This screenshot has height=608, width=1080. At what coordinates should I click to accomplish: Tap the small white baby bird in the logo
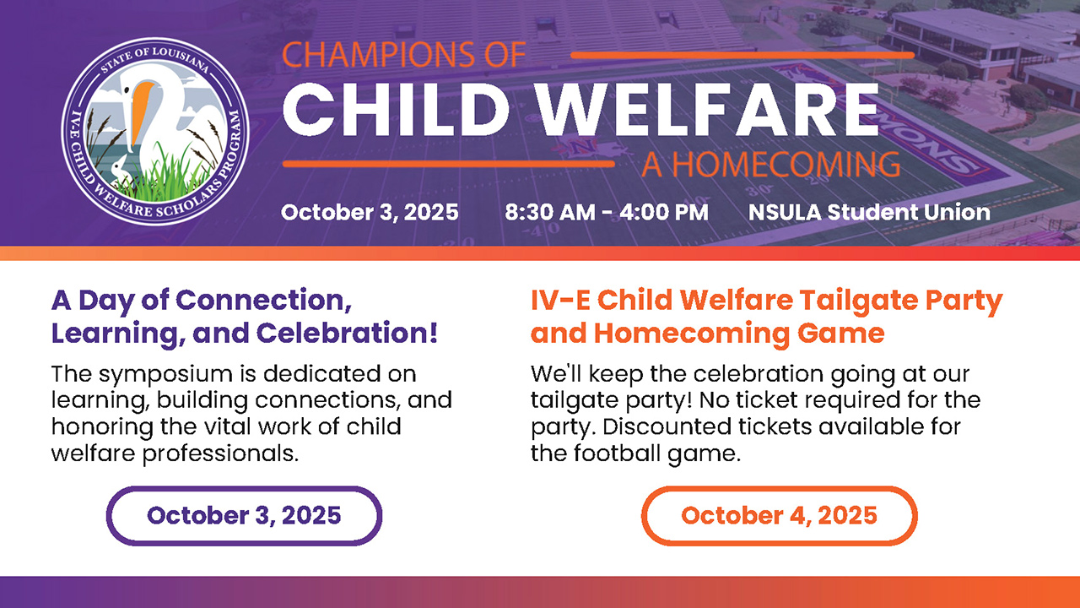click(117, 170)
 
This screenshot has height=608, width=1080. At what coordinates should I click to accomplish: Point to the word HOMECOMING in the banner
click(786, 165)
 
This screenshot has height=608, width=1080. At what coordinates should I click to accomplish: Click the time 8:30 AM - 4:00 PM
click(607, 212)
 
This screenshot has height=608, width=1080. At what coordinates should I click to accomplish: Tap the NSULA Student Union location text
click(869, 212)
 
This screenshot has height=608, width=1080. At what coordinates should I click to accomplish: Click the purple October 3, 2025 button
click(244, 516)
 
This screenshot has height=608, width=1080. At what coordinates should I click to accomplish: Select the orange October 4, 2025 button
click(779, 516)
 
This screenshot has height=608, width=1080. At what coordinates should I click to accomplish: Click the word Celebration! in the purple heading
click(347, 333)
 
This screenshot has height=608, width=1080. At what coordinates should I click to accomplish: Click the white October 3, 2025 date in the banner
click(370, 212)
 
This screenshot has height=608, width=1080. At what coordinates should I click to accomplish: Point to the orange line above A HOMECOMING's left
click(448, 164)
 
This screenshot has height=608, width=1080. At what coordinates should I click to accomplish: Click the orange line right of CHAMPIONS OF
click(742, 55)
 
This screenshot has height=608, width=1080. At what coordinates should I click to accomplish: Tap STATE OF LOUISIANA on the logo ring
click(154, 59)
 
